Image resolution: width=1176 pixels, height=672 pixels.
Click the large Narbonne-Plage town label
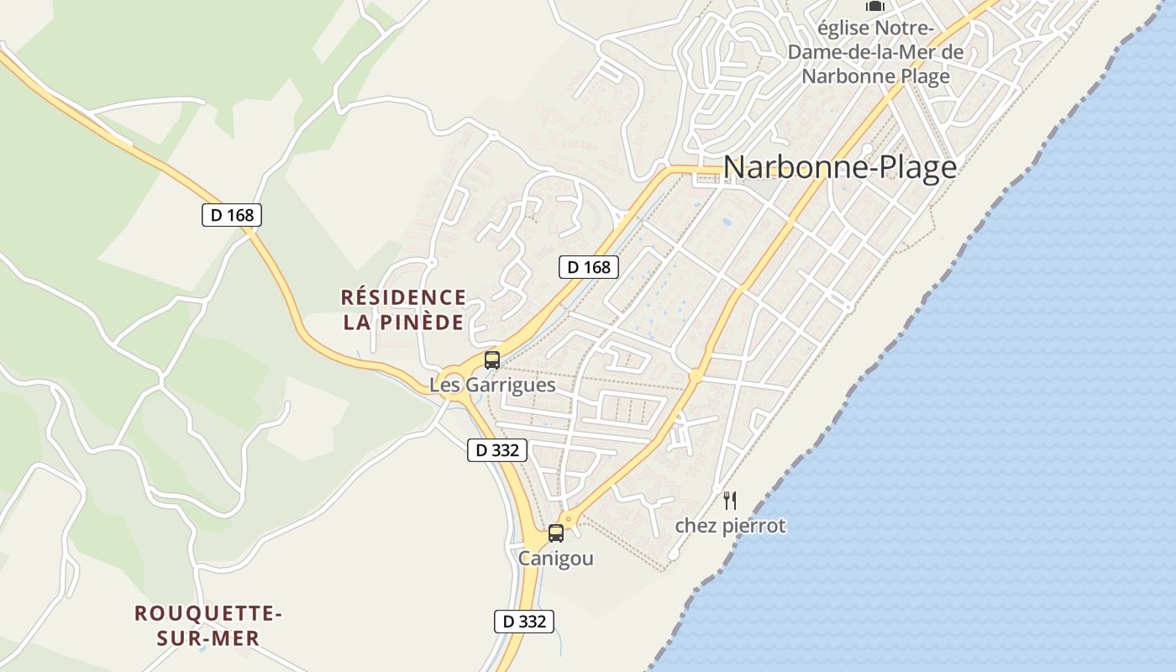tap(839, 168)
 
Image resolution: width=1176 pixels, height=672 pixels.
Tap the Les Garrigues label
tap(492, 385)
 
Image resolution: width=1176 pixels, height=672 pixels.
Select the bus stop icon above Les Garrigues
tap(492, 360)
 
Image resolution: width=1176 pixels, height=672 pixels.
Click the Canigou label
tap(556, 558)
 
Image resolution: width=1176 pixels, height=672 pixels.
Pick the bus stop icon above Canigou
tap(556, 533)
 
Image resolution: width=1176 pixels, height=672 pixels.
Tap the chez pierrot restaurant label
tap(730, 526)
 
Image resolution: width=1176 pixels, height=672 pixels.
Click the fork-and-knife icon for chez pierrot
tap(730, 501)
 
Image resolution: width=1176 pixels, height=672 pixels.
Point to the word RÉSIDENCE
tap(403, 297)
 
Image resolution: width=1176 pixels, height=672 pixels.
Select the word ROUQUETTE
tap(208, 613)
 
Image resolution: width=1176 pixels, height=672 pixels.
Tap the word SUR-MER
tap(208, 638)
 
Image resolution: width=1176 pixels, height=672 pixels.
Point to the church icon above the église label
tap(875, 6)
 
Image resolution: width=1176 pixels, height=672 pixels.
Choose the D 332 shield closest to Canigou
tap(523, 622)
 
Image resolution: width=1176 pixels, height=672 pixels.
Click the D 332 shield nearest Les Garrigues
tap(497, 450)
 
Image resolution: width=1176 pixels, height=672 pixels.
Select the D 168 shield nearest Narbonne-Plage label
tap(589, 267)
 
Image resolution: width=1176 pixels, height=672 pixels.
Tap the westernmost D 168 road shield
tap(232, 215)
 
